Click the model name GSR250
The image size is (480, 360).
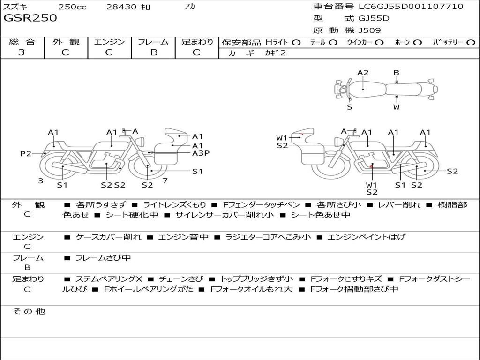click(30, 18)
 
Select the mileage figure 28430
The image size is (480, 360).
click(121, 7)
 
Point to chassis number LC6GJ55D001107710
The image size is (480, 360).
click(411, 7)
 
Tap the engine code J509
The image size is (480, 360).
click(370, 30)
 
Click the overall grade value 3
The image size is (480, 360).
click(22, 52)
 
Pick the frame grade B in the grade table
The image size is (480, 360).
click(153, 52)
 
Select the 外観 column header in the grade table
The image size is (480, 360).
click(66, 42)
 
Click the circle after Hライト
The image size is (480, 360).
click(296, 42)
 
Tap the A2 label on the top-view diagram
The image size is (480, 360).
click(363, 73)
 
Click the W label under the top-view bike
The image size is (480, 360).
click(396, 107)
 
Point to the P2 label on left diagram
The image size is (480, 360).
click(26, 153)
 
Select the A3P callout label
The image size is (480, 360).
click(201, 153)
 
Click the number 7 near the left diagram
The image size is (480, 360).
click(165, 180)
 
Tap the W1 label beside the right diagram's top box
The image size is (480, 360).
click(281, 138)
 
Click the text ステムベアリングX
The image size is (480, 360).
click(109, 279)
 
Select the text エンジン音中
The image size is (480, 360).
click(183, 237)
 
